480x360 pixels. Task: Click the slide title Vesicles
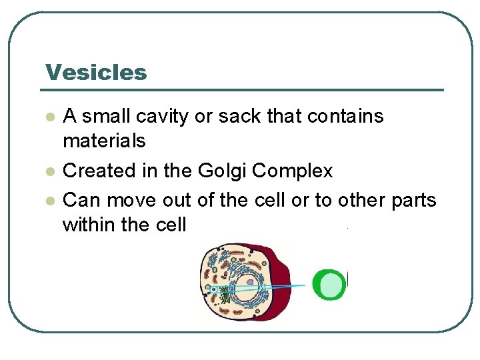pos(96,72)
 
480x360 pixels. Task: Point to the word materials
pos(104,141)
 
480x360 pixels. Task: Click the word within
pos(89,225)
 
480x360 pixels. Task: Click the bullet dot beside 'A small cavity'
pos(49,117)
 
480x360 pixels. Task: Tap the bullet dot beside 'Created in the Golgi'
pos(49,172)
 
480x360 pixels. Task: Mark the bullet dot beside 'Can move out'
pos(49,200)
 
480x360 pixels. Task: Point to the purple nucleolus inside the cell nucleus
pos(249,282)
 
